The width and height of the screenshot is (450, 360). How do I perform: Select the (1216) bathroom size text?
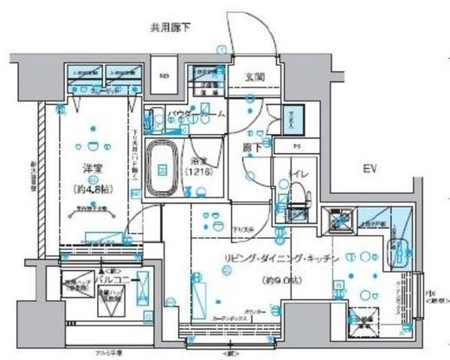[199, 171]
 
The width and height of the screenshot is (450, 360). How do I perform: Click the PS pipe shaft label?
[296, 146]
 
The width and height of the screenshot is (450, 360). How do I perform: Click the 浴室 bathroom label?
[200, 160]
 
